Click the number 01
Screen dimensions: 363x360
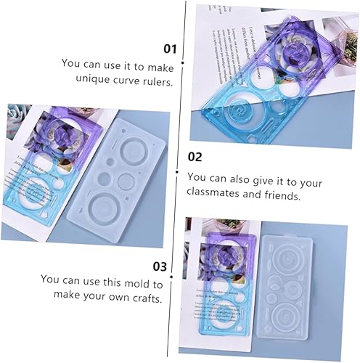(170, 49)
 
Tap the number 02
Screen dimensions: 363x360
(195, 156)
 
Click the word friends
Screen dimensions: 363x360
(282, 195)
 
